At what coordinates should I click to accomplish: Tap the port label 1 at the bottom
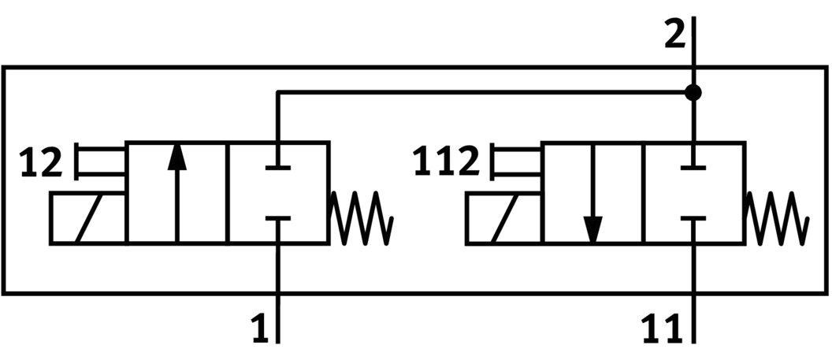pos(260,328)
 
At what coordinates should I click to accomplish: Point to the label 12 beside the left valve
pos(40,163)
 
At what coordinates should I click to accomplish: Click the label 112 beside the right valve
pos(446,163)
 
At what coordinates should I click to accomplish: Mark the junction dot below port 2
pos(693,93)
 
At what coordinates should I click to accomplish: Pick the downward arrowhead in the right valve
pos(592,228)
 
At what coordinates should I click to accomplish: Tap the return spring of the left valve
pos(361,217)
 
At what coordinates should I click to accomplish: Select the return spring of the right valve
pos(777,217)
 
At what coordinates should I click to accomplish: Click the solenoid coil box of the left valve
pos(87,218)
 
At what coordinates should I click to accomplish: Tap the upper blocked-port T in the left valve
pos(277,166)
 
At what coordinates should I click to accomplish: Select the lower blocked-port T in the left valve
pos(277,220)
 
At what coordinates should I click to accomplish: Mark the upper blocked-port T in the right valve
pos(693,166)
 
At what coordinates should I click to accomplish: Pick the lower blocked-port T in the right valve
pos(693,220)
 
